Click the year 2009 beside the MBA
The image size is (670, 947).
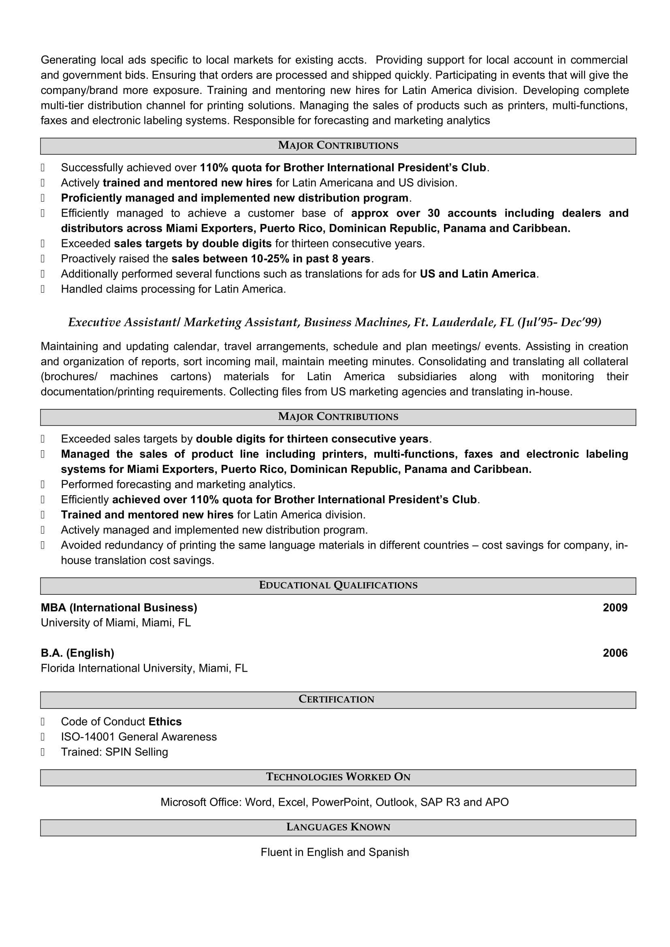pos(615,608)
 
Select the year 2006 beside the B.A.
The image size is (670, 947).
pos(615,653)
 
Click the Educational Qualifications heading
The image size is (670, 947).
pos(338,585)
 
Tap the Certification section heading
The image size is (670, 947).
pos(336,699)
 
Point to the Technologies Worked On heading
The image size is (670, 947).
pos(338,777)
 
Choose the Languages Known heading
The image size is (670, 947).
pos(338,827)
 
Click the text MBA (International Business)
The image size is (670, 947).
pos(119,608)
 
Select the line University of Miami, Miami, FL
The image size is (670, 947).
pos(115,623)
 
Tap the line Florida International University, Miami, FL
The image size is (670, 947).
pos(144,668)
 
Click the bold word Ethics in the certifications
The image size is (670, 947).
pos(165,721)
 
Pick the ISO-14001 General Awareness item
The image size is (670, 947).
pos(139,736)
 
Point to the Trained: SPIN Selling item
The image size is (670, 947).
pos(114,752)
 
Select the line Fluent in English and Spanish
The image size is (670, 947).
pos(335,852)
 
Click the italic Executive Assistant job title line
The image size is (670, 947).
pos(335,323)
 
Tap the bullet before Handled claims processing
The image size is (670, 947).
pos(43,289)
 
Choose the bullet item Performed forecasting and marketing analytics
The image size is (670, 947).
pos(178,484)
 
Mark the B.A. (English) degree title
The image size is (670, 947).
pos(77,653)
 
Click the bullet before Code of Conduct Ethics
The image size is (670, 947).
pos(43,721)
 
